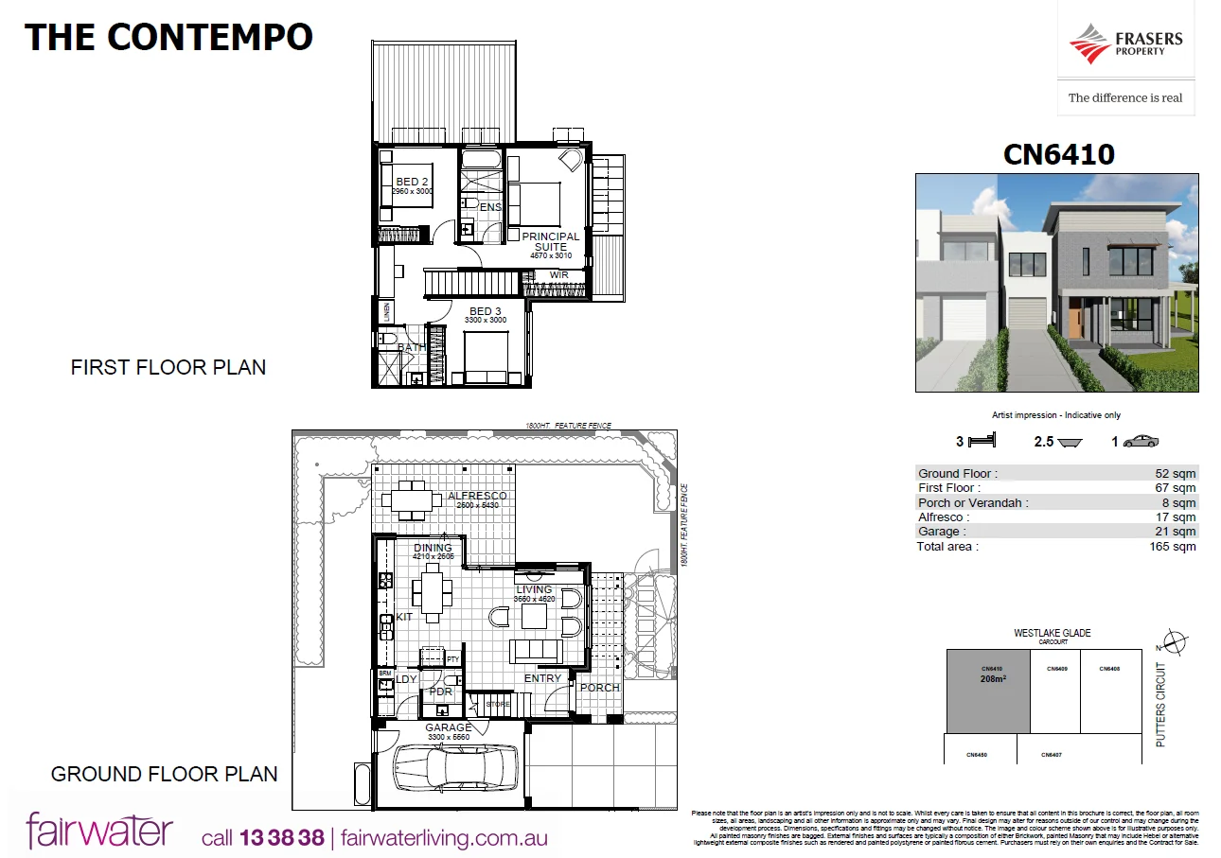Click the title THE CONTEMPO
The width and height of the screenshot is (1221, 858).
pos(168,37)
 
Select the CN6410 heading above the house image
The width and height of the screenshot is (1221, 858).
pos(1058,153)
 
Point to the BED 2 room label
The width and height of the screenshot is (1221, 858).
pos(413,182)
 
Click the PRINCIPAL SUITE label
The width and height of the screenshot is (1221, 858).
pos(550,241)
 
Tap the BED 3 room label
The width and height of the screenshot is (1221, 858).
pos(486,311)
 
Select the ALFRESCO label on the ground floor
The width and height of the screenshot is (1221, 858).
pos(477,496)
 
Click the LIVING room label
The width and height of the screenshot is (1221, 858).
pos(534,589)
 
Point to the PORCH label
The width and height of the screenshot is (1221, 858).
pos(600,688)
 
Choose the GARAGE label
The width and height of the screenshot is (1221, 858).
pos(449,727)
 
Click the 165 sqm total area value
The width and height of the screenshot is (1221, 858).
pos(1177,547)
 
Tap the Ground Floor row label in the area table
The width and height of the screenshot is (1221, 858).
pos(957,473)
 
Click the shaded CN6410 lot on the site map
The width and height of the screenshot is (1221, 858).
pos(988,692)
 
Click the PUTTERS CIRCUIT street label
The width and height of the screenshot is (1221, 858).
pos(1161,705)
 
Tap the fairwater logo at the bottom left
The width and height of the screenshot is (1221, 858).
pos(99,831)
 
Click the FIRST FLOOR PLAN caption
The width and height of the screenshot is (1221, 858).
pos(168,367)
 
